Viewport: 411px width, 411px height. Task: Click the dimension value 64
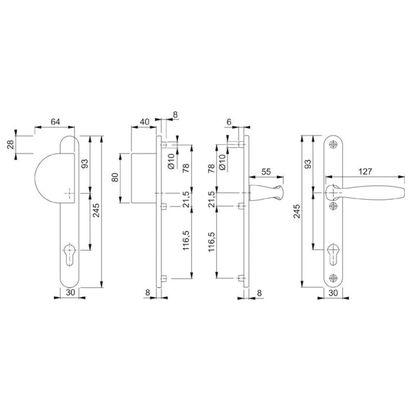[55, 122]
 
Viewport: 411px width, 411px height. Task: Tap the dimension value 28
[11, 144]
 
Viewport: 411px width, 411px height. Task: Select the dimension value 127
[365, 171]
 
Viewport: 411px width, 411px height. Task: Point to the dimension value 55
[266, 172]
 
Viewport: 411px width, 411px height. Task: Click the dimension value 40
[144, 122]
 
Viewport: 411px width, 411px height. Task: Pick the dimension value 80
[115, 178]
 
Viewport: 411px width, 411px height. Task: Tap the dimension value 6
[229, 122]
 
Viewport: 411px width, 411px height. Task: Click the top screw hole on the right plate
[333, 144]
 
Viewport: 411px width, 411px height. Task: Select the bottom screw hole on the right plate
[333, 278]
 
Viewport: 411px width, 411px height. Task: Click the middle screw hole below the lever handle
[333, 206]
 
